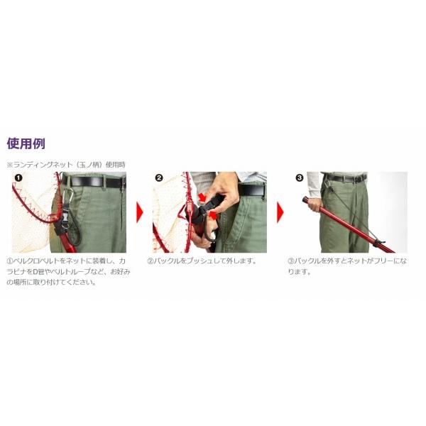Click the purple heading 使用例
pos(26,143)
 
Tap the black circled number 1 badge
pos(18,178)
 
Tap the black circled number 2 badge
pos(158,178)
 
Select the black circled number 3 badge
pos(299,178)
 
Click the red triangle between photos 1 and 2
pos(139,212)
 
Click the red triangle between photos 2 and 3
pos(280,212)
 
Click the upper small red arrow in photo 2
pos(202,197)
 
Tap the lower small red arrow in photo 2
pos(214,216)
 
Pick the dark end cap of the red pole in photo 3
pos(305,200)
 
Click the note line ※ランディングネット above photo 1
pos(66,165)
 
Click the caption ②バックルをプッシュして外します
pos(202,261)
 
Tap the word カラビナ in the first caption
pos(21,272)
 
